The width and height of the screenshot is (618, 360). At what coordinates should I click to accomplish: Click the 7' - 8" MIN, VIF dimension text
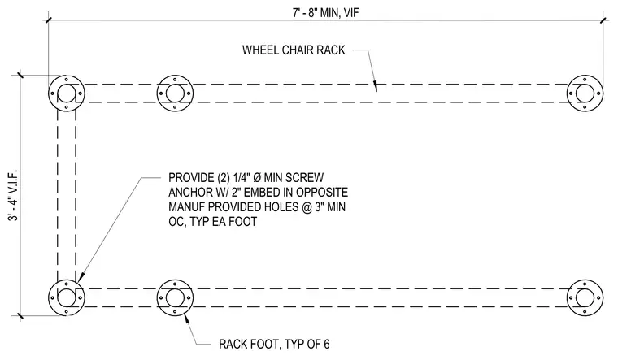(x=325, y=13)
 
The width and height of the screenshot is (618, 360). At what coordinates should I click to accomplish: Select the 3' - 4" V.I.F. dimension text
(x=13, y=195)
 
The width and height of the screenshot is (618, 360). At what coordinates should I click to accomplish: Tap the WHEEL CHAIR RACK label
(x=294, y=50)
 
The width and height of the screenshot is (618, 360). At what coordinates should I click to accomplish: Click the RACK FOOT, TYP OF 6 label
(x=274, y=345)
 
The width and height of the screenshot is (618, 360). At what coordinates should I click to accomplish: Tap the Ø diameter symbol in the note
(x=257, y=178)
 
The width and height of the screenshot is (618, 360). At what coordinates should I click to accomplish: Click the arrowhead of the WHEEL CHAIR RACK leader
(x=375, y=85)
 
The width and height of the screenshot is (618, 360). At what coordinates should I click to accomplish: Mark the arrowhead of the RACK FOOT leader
(x=187, y=318)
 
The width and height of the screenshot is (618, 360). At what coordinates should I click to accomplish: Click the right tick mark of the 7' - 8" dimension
(x=603, y=20)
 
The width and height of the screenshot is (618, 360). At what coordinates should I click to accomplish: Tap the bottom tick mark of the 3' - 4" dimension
(x=20, y=315)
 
